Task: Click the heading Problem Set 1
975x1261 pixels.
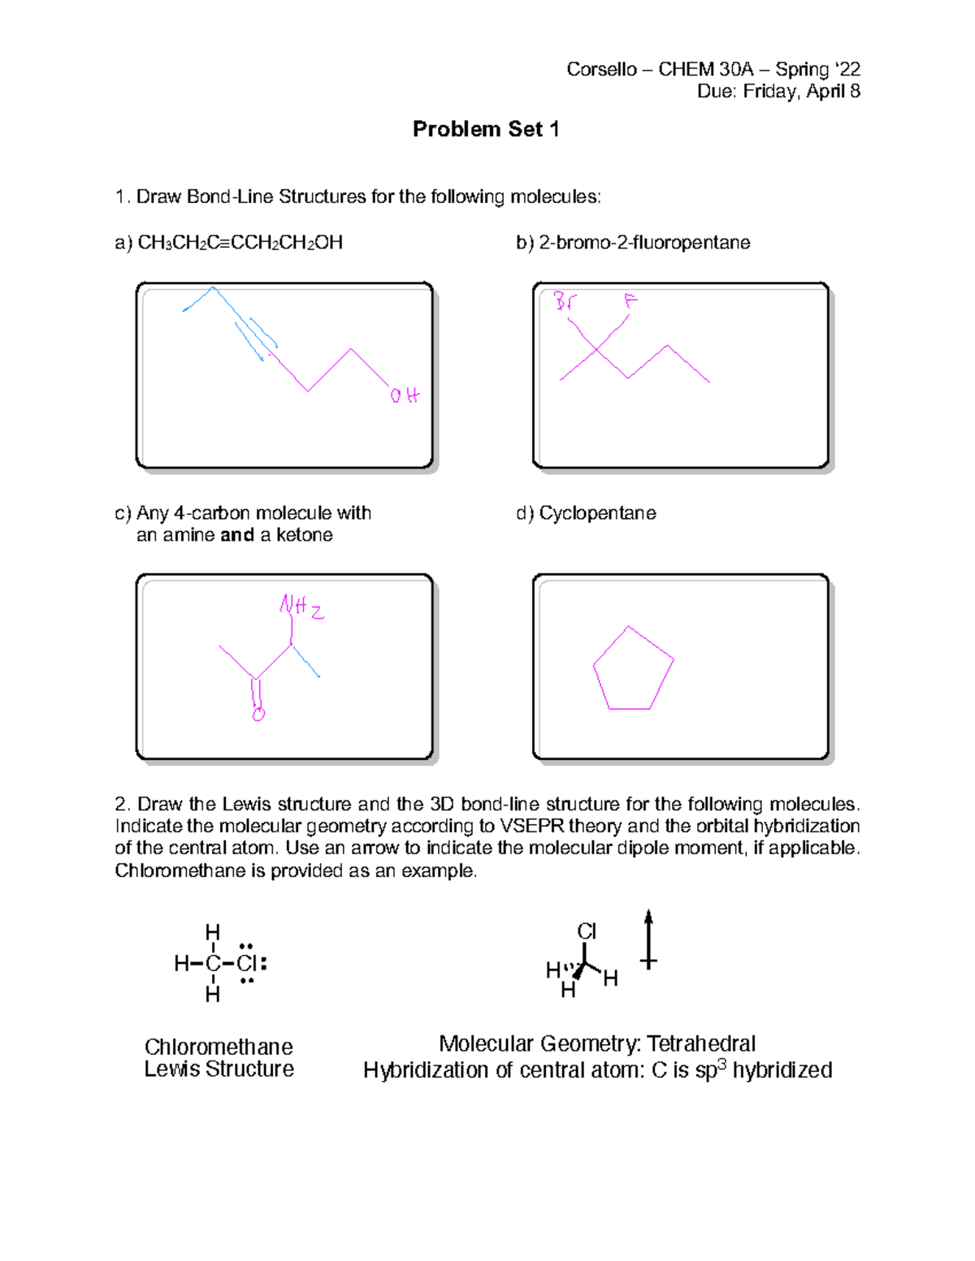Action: pos(486,129)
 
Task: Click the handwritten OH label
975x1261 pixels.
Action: pos(405,395)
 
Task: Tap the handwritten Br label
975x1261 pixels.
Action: pos(565,302)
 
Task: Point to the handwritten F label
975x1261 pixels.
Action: pos(630,300)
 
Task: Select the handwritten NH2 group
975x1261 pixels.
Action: pos(301,607)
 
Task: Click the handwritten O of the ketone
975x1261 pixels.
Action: pos(258,714)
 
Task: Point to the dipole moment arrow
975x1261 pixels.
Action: pos(648,939)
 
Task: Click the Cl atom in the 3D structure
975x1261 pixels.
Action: pos(587,931)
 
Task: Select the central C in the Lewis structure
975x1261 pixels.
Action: pos(213,964)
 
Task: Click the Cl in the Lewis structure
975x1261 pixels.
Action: pos(246,964)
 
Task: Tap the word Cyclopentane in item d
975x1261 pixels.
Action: pos(597,513)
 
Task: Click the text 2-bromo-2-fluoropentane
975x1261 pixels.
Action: pos(643,243)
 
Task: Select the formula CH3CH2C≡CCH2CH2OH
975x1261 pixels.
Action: pos(240,243)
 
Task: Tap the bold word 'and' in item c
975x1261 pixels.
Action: pos(236,535)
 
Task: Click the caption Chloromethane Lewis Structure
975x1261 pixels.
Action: pos(219,1058)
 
